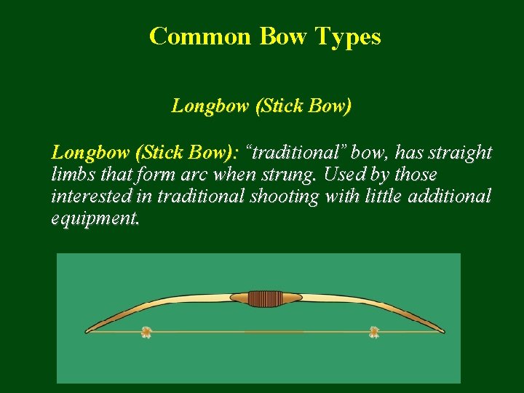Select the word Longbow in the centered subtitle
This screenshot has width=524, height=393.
(210, 106)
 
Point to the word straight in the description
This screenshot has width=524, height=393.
(461, 153)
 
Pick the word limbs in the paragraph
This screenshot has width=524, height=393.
(71, 175)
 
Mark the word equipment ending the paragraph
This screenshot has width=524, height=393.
(94, 219)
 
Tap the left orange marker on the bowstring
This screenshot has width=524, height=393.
(146, 333)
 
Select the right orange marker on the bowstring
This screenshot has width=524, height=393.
(374, 333)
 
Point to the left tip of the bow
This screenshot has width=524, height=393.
(88, 331)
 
